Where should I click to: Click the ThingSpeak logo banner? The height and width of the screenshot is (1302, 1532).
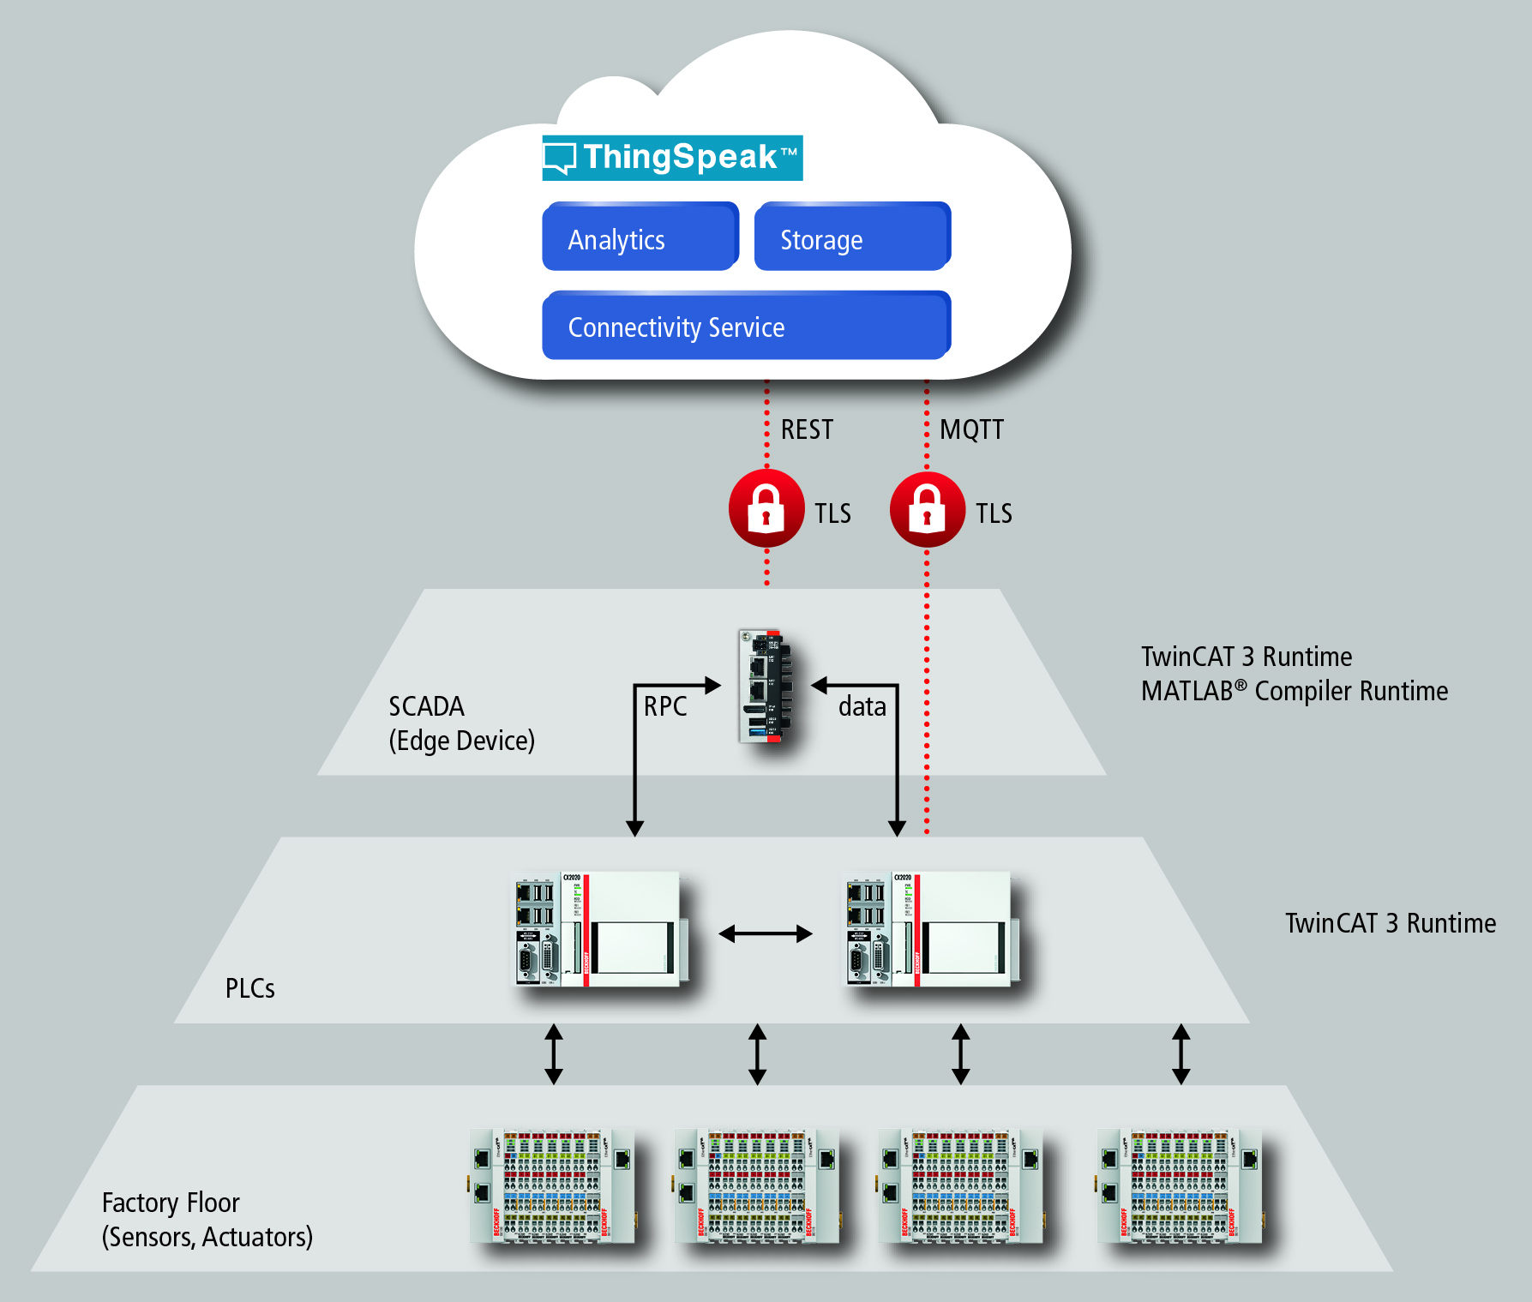[x=672, y=158]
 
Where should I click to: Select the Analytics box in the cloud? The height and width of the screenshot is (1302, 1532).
[x=640, y=237]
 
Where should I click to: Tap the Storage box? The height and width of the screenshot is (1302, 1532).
[x=852, y=237]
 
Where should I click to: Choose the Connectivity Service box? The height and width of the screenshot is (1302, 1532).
[x=746, y=326]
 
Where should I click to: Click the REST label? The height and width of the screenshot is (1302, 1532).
[x=807, y=429]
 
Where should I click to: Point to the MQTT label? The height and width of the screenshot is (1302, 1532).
[x=971, y=429]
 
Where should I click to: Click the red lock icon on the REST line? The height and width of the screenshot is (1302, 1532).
[x=766, y=508]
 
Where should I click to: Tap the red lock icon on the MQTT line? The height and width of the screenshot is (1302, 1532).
[x=927, y=509]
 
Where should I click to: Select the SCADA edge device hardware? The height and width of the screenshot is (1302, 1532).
[x=765, y=687]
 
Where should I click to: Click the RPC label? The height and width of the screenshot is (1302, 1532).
[x=665, y=706]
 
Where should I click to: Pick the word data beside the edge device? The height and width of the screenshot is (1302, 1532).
[x=862, y=706]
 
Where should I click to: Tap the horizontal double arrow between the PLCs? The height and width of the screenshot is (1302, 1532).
[x=766, y=934]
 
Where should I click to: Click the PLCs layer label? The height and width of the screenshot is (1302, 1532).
[x=249, y=988]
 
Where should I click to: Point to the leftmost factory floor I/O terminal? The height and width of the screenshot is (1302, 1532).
[x=553, y=1186]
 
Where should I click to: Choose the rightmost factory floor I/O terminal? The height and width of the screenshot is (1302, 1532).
[x=1180, y=1186]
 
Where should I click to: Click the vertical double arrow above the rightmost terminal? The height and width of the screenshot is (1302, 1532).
[x=1181, y=1054]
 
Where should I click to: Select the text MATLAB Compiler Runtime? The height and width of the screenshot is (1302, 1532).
[x=1294, y=691]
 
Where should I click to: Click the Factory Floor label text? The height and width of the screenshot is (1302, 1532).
[x=171, y=1203]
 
